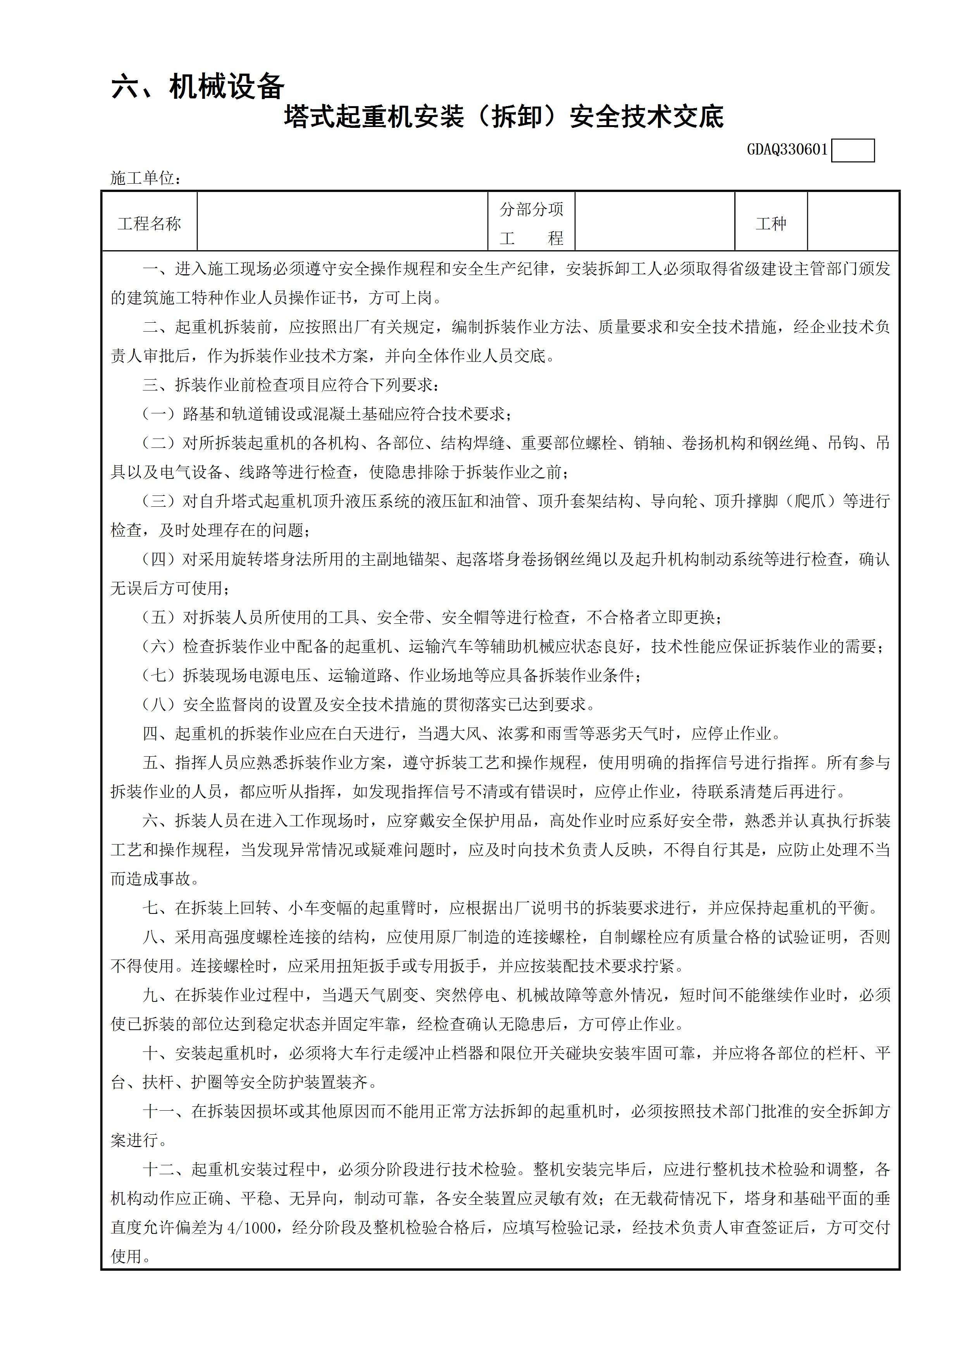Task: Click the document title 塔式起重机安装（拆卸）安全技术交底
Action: point(504,117)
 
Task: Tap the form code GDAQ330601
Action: point(787,150)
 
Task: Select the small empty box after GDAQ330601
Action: point(852,150)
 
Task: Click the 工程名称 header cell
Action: point(149,224)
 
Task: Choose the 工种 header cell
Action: point(771,224)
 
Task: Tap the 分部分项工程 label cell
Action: point(531,224)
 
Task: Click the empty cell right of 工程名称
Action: point(342,221)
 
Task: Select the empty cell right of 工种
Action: point(853,221)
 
